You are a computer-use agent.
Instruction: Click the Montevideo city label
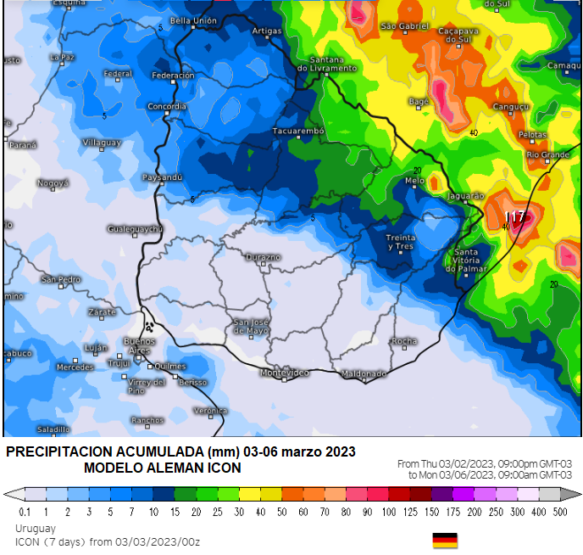coord(284,373)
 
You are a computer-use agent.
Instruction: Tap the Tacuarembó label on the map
coord(298,132)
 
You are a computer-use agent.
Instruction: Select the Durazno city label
coord(262,256)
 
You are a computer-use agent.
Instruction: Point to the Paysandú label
coord(162,177)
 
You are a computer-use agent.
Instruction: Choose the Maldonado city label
coord(364,373)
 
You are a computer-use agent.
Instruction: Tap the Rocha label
coord(404,341)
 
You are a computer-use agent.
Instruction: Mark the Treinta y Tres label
coord(400,242)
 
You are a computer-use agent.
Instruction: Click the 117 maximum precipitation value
coord(515,216)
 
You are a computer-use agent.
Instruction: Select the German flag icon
coord(445,541)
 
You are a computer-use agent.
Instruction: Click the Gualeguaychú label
coord(135,229)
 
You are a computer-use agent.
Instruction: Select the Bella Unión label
coord(193,20)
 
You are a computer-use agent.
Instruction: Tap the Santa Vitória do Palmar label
coord(471,261)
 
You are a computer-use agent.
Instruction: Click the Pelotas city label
coord(532,135)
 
